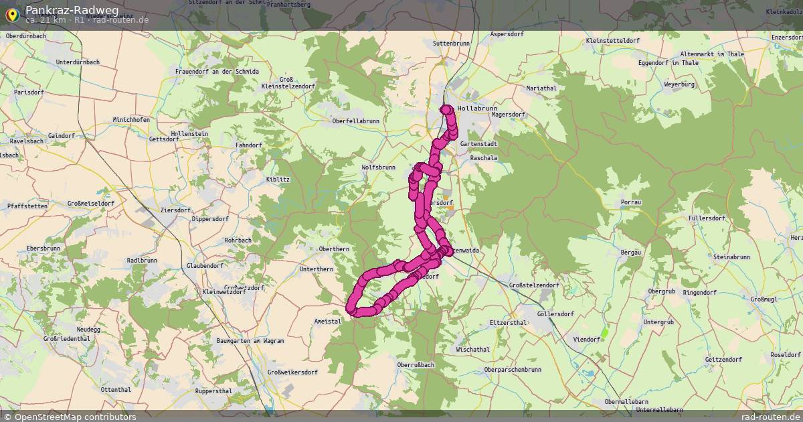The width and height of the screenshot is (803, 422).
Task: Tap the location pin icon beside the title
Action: [x=12, y=14]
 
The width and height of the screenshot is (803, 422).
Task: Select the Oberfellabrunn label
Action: [x=356, y=121]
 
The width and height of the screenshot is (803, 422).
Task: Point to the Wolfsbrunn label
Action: [x=378, y=167]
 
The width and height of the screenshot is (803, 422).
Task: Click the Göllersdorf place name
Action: [x=555, y=313]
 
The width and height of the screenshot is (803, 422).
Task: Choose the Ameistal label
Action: [x=328, y=322]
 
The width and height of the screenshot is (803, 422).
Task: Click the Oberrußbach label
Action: [x=416, y=364]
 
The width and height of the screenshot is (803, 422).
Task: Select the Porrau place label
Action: [x=631, y=202]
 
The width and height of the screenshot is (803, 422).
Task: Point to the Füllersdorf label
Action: [x=707, y=218]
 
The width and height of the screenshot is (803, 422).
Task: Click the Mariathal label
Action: [x=541, y=88]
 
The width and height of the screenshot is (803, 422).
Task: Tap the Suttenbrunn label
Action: [x=452, y=43]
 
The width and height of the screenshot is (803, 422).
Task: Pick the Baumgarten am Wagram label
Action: [x=250, y=341]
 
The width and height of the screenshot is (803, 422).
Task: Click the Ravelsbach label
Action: [x=27, y=141]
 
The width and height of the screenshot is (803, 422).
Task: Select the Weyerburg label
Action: [x=680, y=84]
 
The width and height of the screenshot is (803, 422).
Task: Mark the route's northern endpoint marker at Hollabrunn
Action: [x=446, y=109]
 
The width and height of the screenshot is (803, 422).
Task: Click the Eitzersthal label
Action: [x=509, y=322]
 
